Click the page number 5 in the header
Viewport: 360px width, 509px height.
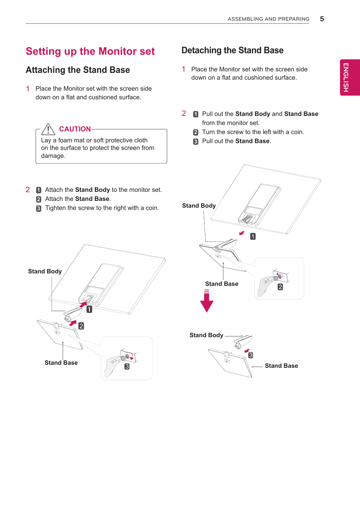[x=322, y=19]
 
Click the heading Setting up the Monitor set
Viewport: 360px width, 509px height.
[x=90, y=51]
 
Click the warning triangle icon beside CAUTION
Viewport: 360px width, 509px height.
[x=48, y=130]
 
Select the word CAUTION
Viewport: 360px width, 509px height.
[x=75, y=129]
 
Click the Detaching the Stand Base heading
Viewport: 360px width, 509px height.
[x=232, y=51]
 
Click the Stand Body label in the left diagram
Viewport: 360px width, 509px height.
[x=45, y=271]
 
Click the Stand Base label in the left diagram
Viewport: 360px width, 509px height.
[x=61, y=363]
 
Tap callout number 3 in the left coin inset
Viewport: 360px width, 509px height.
[x=127, y=367]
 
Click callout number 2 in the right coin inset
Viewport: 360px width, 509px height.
[x=280, y=287]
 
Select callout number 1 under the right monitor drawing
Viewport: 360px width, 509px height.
[x=253, y=236]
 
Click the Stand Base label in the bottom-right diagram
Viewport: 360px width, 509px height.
[x=281, y=366]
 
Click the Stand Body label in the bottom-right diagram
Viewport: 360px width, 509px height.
[x=206, y=335]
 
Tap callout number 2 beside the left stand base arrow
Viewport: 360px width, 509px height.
[x=81, y=326]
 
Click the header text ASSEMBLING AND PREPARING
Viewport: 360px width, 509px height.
[x=268, y=19]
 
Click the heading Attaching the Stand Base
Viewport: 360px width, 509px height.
[x=78, y=70]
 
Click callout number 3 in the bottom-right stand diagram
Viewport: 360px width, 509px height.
[x=251, y=355]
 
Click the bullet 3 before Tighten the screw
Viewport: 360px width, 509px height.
[x=38, y=208]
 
